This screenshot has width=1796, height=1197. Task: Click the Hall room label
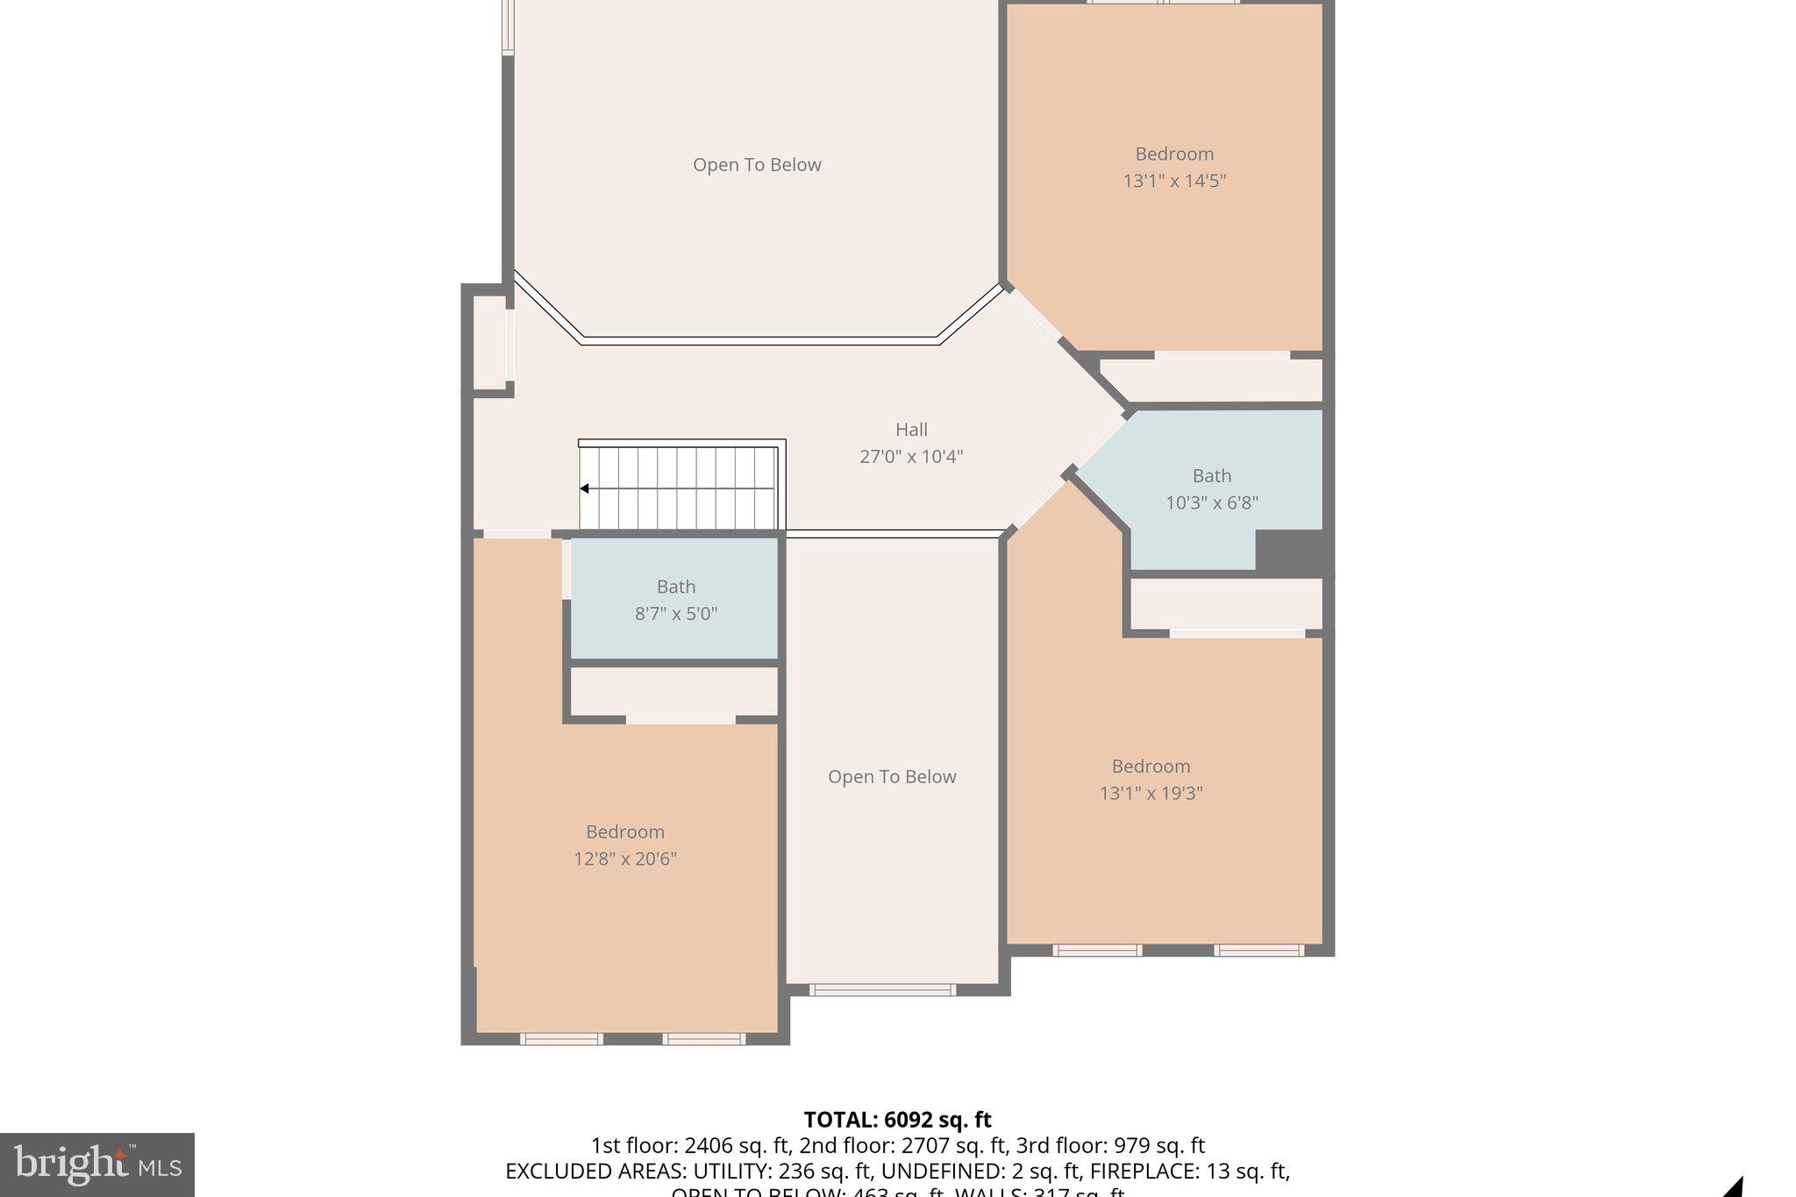tap(911, 430)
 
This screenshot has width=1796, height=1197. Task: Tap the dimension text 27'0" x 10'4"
tap(911, 457)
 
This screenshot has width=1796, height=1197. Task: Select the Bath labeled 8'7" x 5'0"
tap(675, 600)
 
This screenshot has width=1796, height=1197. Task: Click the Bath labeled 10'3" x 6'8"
tap(1211, 489)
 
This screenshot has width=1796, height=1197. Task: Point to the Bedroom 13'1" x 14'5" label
tap(1174, 167)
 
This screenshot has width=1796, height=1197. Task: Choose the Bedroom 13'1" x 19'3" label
tap(1151, 780)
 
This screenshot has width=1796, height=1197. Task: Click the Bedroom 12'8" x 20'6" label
tap(624, 845)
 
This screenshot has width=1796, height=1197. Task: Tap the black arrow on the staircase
tap(584, 488)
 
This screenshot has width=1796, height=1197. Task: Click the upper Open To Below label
tap(757, 165)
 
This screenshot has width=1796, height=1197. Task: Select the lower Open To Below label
tap(892, 777)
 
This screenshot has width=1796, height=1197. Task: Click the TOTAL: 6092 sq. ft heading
tap(897, 1120)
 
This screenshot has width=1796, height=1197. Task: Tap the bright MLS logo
tap(97, 1165)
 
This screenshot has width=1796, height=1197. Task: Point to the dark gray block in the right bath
tap(1288, 552)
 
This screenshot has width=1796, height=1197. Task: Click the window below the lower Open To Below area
tap(882, 990)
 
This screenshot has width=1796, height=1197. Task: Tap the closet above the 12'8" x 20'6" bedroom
tap(673, 692)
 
